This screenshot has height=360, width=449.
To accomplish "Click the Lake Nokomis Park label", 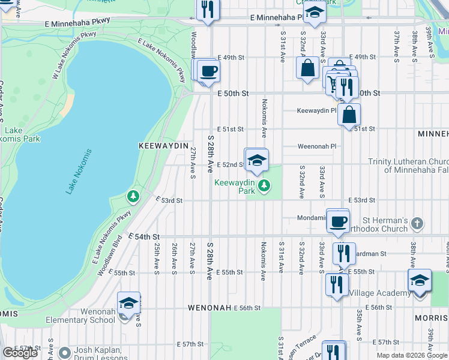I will click(x=22, y=134).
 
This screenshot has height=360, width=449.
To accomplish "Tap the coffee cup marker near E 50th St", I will click(x=208, y=71).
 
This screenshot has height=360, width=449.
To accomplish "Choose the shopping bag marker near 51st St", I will click(x=349, y=113).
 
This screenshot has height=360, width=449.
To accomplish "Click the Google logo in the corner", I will click(x=20, y=353).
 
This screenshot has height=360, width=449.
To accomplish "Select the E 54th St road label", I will click(x=146, y=237).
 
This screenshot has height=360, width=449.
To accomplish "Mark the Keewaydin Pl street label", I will click(x=317, y=111).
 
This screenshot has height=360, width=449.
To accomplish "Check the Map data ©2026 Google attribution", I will click(x=412, y=355).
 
